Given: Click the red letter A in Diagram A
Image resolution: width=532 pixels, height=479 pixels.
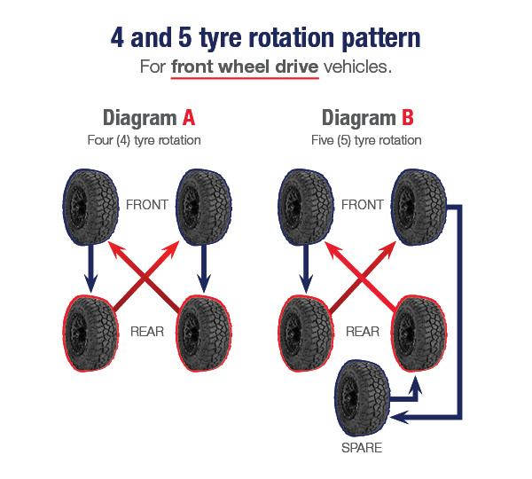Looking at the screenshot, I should coord(188,118).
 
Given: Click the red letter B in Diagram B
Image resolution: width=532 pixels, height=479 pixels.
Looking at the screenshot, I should coord(407,118).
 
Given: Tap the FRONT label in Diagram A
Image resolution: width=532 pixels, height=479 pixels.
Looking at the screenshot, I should coord(147,204).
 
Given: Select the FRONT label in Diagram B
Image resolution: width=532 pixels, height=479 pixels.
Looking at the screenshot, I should coord(363,204).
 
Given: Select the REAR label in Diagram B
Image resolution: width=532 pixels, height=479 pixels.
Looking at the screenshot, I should coord(362,332).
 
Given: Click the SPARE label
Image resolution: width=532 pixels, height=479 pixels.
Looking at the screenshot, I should coord(362,448).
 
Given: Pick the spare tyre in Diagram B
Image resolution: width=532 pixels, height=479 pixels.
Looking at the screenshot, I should coord(362,398).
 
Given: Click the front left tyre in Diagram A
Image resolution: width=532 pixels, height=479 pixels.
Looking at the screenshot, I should coord(90,207).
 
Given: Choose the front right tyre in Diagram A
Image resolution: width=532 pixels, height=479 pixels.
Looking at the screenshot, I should coord(204,207).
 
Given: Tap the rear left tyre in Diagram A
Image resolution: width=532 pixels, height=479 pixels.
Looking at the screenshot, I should coord(90,329).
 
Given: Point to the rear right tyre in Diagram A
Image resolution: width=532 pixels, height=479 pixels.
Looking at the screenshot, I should coord(205,329).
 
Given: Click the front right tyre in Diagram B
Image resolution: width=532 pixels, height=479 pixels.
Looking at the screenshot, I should coord(419,207).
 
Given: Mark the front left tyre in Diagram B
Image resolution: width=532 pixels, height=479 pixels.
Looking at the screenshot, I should coord(305,207).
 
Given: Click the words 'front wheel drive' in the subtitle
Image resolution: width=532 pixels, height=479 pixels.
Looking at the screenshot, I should coord(244,67).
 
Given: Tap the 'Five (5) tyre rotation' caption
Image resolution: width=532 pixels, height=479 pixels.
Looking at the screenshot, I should coord(367,140).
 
